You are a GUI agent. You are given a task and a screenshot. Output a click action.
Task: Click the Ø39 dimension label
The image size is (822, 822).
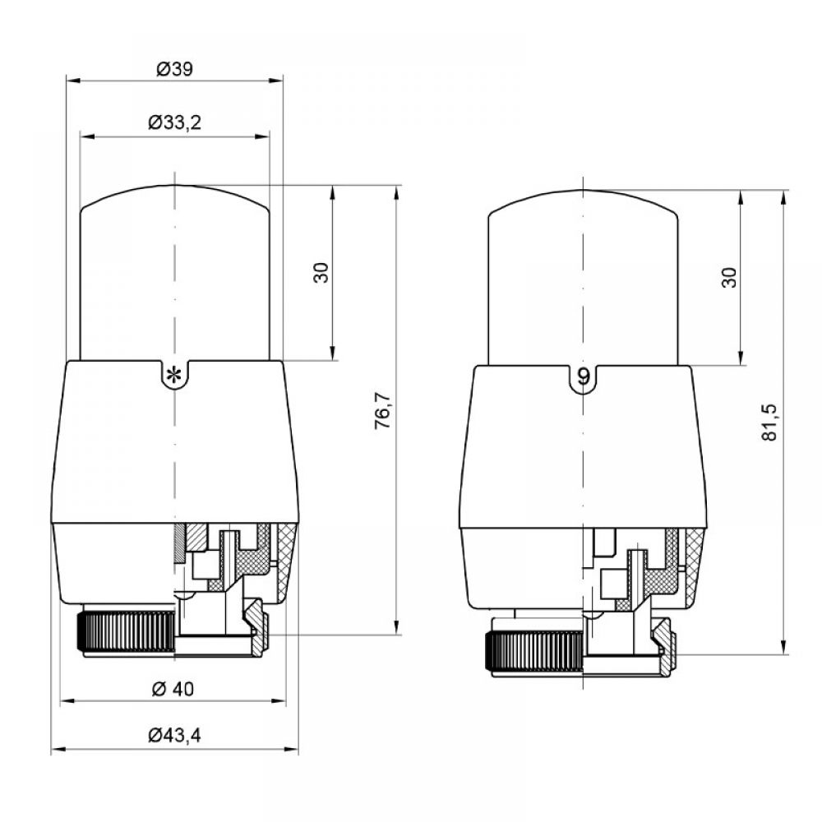click(x=174, y=69)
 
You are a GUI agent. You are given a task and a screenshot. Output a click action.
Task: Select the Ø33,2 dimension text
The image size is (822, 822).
click(x=174, y=122)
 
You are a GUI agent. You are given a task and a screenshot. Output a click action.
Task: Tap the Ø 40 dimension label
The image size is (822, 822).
click(x=173, y=688)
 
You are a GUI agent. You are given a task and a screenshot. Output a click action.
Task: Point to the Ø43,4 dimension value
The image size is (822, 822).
click(x=174, y=736)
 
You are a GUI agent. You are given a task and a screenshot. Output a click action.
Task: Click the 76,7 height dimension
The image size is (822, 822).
click(x=383, y=410)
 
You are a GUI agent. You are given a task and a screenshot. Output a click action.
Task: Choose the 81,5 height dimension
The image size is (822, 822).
click(x=769, y=423)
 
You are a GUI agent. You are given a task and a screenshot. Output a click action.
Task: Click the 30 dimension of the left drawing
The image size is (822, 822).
click(x=321, y=273)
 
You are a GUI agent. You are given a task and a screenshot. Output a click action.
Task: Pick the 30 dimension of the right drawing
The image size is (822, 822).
click(x=729, y=277)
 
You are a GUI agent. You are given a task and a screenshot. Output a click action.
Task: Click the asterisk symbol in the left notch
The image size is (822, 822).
click(x=174, y=376)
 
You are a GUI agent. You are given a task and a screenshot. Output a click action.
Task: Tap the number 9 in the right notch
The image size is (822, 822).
click(x=584, y=376)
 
